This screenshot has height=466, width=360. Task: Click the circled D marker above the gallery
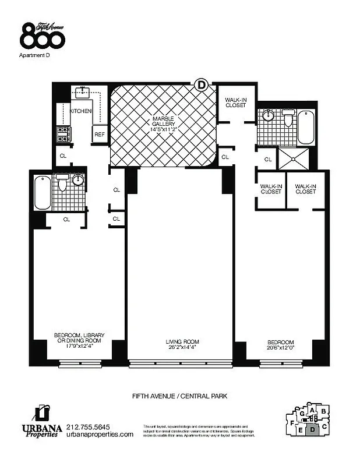click(202, 85)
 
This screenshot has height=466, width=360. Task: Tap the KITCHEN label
click(81, 111)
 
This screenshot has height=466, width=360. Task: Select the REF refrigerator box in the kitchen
click(100, 135)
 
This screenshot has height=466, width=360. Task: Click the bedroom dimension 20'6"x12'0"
click(281, 349)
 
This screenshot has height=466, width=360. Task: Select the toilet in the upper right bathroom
click(288, 119)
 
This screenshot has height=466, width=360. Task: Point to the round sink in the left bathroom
click(77, 179)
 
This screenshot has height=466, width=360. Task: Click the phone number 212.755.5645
click(89, 427)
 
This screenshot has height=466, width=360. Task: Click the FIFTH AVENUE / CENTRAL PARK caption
click(179, 396)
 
